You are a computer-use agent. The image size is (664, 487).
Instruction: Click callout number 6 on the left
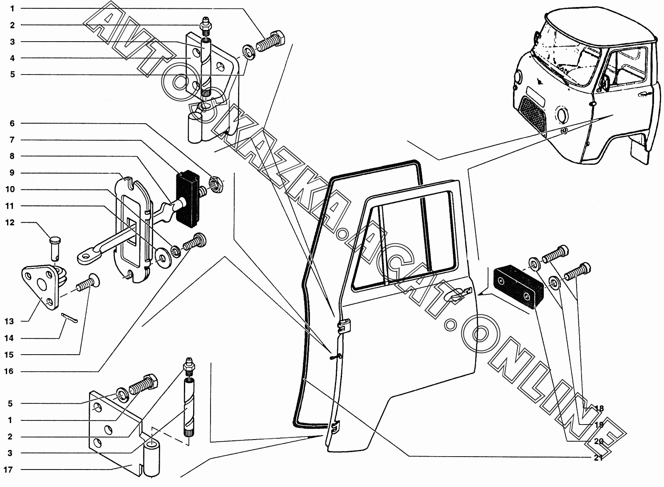pos(12,123)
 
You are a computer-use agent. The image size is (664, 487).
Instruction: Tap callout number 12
pos(10,222)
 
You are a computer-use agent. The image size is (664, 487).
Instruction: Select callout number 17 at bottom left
pos(8,470)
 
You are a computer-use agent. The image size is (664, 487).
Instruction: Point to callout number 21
pos(599,458)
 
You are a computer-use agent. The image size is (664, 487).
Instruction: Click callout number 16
pos(9,371)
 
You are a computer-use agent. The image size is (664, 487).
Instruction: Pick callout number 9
pos(12,173)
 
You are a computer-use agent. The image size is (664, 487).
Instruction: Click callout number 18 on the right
pos(599,408)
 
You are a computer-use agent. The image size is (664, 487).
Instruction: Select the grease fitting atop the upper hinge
pos(206,26)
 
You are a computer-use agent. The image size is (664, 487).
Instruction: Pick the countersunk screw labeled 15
pos(88,283)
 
